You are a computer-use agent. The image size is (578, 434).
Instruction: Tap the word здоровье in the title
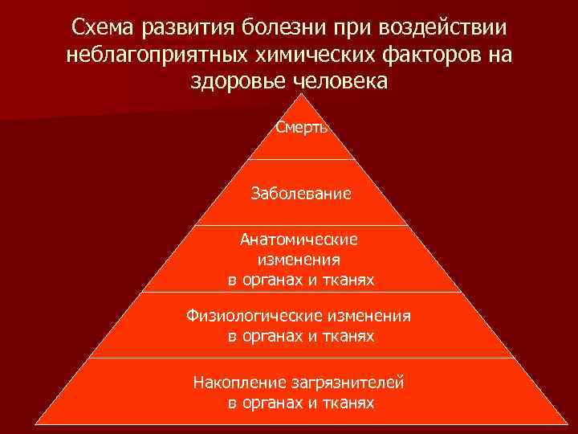pos(237,82)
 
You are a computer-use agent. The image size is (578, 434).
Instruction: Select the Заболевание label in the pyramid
pos(301,194)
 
